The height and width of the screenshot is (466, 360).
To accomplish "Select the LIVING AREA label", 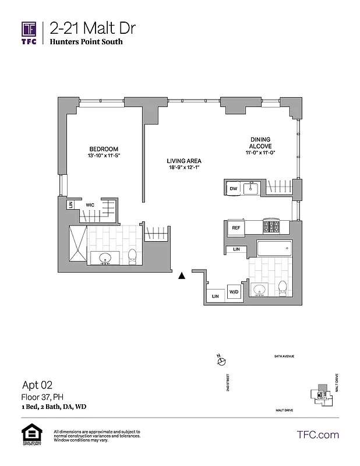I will click(x=184, y=161).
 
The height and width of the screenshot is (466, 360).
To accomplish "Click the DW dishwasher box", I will click(x=233, y=188).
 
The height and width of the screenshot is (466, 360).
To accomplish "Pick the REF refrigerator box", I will click(x=236, y=228).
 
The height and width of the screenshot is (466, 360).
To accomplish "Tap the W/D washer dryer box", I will click(x=234, y=292).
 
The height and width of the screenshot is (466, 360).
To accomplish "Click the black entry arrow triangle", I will click(x=182, y=276).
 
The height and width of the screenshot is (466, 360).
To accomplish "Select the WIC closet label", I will click(x=90, y=205).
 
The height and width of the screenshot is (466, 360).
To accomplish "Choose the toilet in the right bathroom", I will click(x=283, y=287).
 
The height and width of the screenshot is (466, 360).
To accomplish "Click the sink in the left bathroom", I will click(x=107, y=258).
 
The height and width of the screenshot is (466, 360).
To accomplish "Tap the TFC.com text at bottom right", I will click(x=317, y=435).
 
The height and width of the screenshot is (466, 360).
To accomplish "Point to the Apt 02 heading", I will click(x=37, y=384).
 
